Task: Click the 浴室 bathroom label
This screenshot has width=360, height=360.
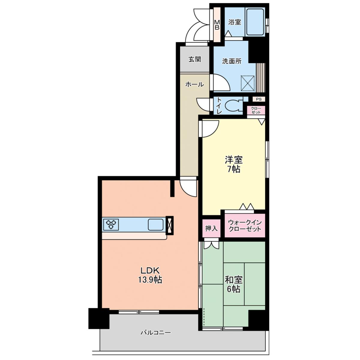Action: point(235,22)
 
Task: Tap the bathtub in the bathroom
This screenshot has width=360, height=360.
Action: point(255,22)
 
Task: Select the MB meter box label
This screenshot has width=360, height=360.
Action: point(217,25)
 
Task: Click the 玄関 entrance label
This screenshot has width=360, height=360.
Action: point(195,59)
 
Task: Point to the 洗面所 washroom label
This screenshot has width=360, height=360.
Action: point(232,61)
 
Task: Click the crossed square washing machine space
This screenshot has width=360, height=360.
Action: point(248,83)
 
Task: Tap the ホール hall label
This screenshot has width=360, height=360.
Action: point(194,85)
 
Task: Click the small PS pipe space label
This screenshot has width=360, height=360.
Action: point(259,99)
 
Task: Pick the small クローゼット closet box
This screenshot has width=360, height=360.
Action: point(256,110)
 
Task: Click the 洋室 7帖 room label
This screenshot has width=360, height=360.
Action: point(233,164)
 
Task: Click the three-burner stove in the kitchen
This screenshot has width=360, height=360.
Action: point(111,224)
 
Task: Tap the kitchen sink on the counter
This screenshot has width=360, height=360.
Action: point(156,224)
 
